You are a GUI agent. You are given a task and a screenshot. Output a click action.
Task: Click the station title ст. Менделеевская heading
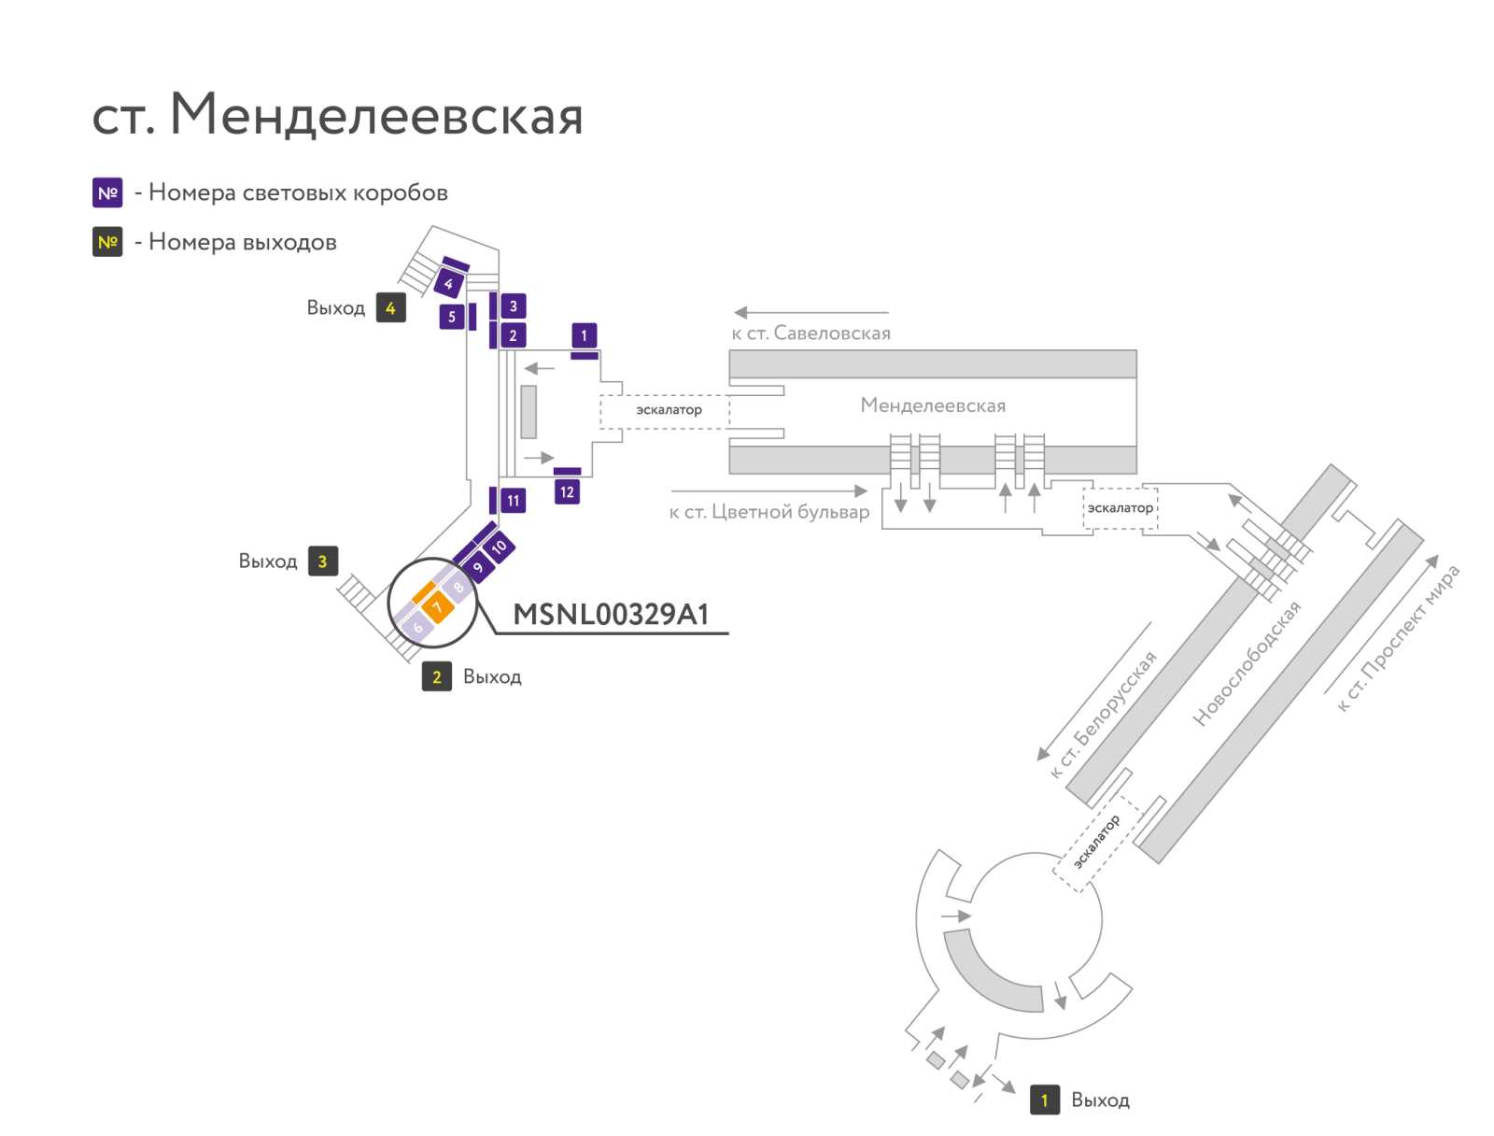[337, 114]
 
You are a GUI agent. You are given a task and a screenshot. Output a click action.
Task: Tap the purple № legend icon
[107, 192]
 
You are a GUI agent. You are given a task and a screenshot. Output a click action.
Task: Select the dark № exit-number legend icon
[107, 242]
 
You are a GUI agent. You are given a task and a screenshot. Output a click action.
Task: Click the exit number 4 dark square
[390, 307]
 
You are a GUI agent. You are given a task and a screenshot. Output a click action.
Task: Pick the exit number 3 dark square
[323, 561]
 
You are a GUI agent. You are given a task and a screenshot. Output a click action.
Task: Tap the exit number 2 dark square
[436, 676]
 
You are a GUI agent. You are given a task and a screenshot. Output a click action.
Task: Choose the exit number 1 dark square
[1044, 1100]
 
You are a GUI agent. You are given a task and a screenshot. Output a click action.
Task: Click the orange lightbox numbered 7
[437, 605]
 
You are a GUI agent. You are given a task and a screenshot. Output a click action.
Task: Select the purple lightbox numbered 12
[566, 492]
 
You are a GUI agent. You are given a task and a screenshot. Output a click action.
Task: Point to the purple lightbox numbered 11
[514, 501]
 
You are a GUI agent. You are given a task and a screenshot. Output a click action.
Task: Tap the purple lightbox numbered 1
[584, 334]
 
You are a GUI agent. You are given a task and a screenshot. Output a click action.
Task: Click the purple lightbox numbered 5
[452, 318]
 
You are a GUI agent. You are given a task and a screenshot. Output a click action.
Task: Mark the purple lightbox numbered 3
[514, 306]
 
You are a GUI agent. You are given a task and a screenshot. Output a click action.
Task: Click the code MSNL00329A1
[611, 614]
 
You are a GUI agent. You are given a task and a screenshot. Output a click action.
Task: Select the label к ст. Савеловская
[810, 334]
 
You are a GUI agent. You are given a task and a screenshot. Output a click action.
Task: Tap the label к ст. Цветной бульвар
[769, 512]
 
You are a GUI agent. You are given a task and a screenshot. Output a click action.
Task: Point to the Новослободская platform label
[1247, 662]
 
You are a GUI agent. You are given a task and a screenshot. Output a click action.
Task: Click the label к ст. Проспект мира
[1398, 637]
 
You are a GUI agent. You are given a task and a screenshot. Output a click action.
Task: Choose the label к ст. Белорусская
[1104, 714]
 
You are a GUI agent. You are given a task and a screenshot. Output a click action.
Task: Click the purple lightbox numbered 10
[499, 546]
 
